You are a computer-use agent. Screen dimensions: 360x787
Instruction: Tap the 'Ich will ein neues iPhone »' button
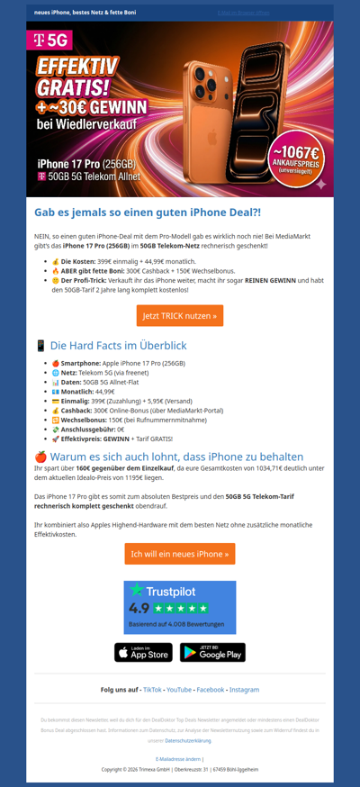point(180,554)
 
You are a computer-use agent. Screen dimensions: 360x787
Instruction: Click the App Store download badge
point(143,652)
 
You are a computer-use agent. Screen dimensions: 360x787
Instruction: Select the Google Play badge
point(212,652)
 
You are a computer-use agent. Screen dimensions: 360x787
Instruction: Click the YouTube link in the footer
point(179,690)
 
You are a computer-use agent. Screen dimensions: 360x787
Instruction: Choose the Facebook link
point(210,690)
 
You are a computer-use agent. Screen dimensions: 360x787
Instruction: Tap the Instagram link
point(244,690)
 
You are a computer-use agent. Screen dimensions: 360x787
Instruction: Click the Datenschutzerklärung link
point(188,740)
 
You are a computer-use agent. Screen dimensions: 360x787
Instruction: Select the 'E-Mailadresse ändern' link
point(179,759)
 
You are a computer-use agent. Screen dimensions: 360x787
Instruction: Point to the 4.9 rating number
point(139,609)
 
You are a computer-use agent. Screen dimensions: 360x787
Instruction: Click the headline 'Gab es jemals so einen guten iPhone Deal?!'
point(148,213)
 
